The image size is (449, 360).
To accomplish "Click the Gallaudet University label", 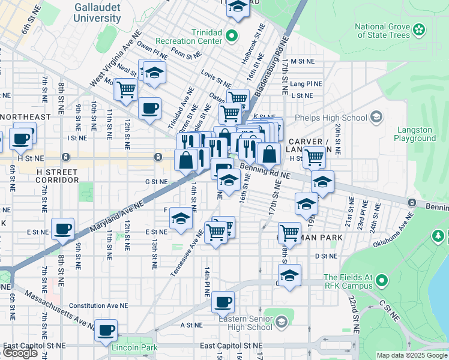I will [97, 13].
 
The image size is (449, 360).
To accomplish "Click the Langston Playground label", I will [414, 134].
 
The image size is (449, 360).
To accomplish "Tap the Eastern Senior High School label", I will [246, 323].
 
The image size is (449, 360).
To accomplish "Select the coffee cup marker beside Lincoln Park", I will [107, 329].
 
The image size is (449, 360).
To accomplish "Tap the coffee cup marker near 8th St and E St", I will [63, 229].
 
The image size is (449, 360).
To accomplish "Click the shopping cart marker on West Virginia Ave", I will [126, 90].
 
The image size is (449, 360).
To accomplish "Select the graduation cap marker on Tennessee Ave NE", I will [180, 218].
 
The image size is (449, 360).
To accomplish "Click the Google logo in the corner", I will [20, 353].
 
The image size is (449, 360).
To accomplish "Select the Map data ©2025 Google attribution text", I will [411, 355].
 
